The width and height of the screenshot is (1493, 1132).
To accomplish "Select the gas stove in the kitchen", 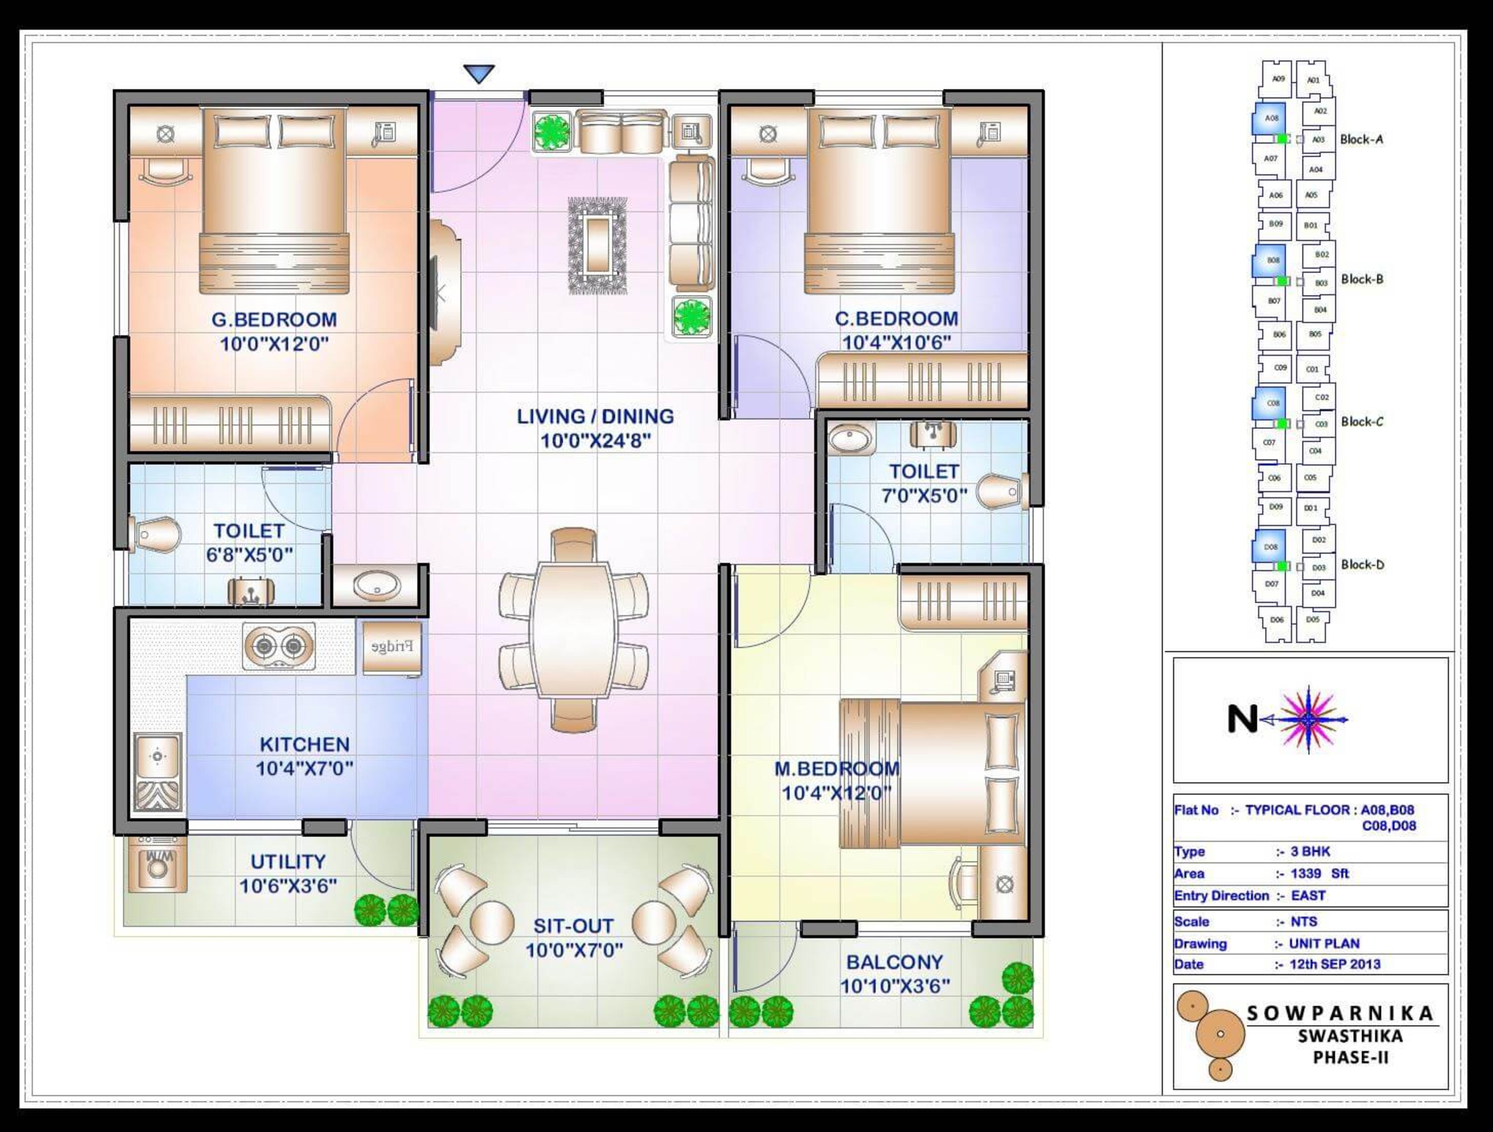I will tap(279, 647).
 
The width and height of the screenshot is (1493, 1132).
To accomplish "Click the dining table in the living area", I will tap(573, 629).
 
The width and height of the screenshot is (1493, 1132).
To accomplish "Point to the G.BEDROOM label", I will tap(274, 319).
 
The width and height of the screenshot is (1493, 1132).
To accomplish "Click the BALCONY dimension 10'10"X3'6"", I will tap(894, 986).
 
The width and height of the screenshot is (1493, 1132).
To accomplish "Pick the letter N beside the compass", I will tap(1242, 720).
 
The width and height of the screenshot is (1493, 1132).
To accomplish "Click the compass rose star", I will tap(1307, 720).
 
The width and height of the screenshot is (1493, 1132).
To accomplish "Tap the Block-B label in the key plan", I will tap(1362, 279).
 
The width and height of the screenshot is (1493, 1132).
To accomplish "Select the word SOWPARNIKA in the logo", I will tap(1340, 1013).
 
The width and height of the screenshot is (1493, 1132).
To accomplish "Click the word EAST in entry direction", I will tap(1308, 896).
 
